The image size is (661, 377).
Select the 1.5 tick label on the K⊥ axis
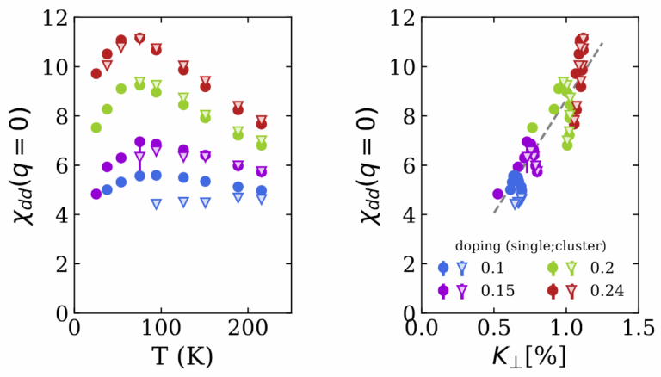coord(639,329)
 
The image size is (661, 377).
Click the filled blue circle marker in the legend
coord(443,268)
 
